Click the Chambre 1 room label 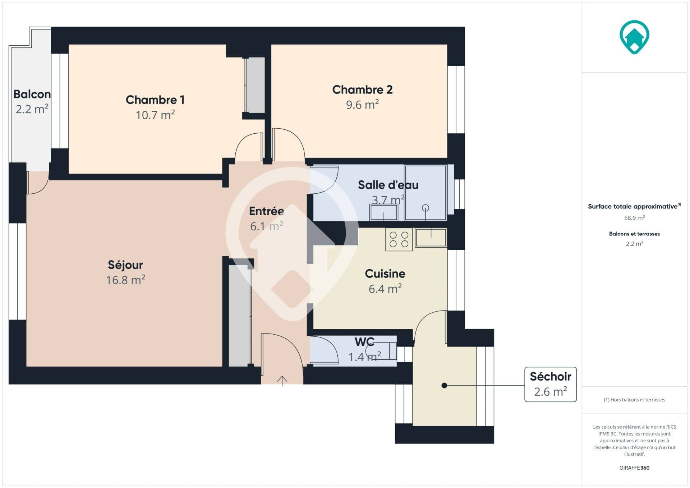155,100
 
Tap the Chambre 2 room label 362,89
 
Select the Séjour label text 125,265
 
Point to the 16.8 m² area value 125,280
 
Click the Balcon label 32,94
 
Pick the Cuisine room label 385,273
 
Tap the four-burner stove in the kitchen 399,239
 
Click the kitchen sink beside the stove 431,238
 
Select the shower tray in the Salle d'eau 425,192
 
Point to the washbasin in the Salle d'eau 384,212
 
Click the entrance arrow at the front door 282,381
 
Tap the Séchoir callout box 551,384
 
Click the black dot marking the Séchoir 444,385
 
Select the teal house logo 634,37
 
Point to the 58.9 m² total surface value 634,218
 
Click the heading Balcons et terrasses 634,234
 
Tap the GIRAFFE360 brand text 634,468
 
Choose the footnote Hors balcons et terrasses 634,400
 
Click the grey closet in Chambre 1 255,85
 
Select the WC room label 364,341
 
